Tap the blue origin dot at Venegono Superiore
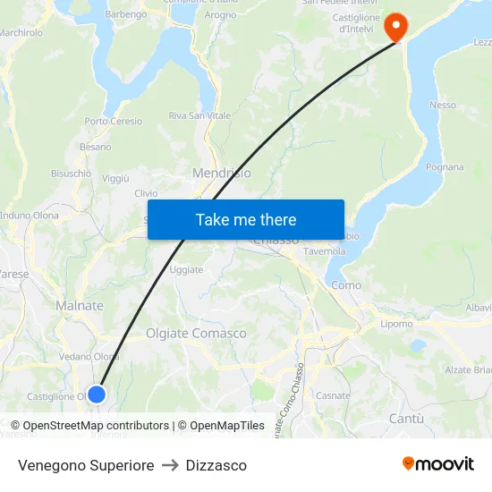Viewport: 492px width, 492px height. (x=97, y=394)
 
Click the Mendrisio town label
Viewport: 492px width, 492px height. (x=222, y=173)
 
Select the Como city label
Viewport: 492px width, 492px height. (x=346, y=285)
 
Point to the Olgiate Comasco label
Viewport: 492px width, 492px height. (x=196, y=334)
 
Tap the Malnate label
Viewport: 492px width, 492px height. (x=80, y=306)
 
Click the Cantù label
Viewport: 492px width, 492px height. (x=406, y=419)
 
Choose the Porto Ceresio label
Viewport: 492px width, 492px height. (x=114, y=122)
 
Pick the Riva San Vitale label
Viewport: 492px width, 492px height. (x=199, y=116)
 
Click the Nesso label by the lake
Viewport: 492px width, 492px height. (x=442, y=106)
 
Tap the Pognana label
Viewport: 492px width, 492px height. (x=445, y=167)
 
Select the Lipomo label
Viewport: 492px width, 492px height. (x=396, y=324)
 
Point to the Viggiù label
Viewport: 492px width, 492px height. (x=116, y=179)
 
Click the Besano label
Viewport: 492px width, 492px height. (x=96, y=147)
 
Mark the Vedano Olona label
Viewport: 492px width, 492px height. (x=89, y=357)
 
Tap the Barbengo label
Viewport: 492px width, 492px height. (x=126, y=14)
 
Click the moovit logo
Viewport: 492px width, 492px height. (x=438, y=464)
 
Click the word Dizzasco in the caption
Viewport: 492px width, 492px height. (x=216, y=465)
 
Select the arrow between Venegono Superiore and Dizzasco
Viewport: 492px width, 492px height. (x=170, y=465)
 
